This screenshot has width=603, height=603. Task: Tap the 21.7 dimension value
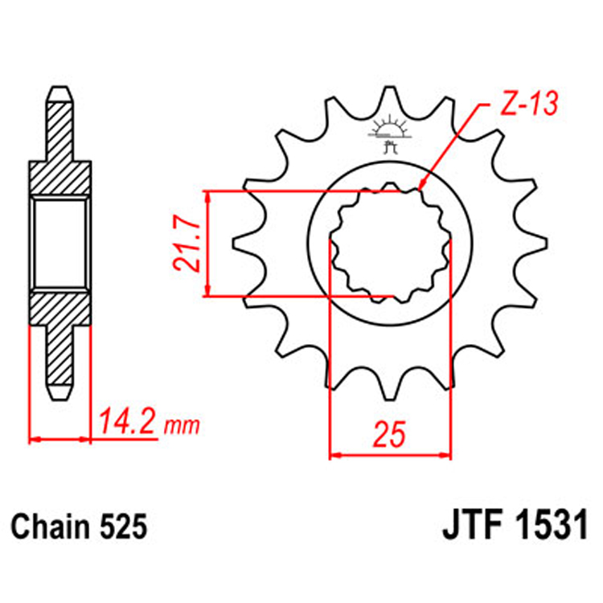(187, 244)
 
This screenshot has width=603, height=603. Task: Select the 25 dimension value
(390, 434)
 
